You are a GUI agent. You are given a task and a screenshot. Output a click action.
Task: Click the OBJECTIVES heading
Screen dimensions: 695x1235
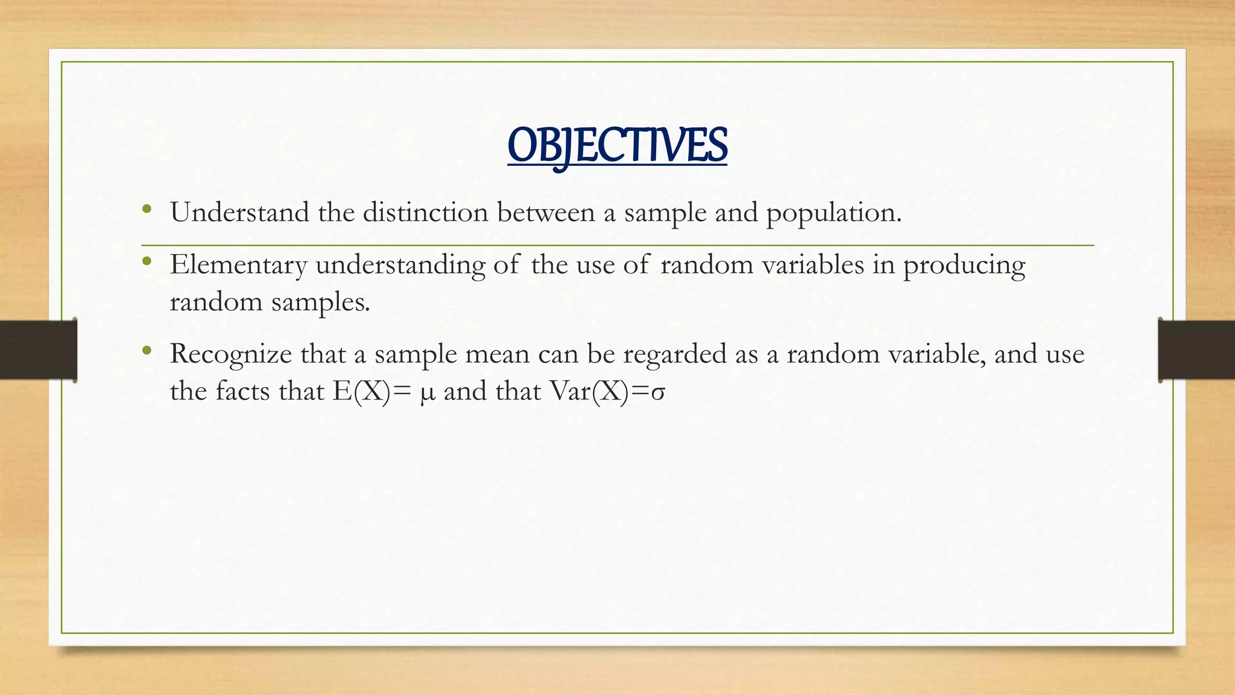[x=617, y=146]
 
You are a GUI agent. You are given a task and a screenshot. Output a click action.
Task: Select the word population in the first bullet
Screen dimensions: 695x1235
[x=833, y=213]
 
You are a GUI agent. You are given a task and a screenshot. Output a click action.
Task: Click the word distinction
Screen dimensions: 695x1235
[x=425, y=213]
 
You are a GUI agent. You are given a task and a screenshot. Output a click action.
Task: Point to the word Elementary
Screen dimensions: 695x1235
[x=238, y=265]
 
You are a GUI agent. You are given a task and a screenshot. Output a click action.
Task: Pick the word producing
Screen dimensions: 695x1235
[x=964, y=265]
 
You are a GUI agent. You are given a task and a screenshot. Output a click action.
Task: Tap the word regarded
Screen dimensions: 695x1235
[x=675, y=354]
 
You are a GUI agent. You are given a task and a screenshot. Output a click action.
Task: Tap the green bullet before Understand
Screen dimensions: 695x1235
[x=147, y=209]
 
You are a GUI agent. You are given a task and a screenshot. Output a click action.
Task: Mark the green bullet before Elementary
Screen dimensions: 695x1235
[x=147, y=261]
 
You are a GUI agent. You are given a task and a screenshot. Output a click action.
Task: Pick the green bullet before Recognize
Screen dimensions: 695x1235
[x=147, y=350]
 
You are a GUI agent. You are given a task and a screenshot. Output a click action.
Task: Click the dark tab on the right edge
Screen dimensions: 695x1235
[x=1196, y=350]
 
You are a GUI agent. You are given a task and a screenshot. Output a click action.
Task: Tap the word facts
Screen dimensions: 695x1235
[x=243, y=392]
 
